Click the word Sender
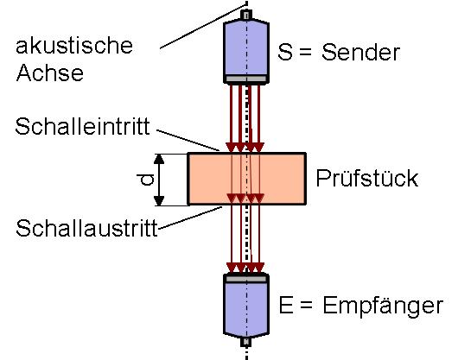pos(360,53)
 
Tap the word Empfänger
pos(383,306)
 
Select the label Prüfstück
pos(367,178)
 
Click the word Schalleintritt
pos(83,127)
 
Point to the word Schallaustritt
pos(86,228)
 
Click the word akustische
pos(74,46)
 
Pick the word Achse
pos(50,73)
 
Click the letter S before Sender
pos(285,53)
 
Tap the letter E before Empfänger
pos(286,305)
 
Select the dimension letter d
pos(145,179)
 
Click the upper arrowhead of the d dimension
pos(159,158)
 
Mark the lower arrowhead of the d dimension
pos(159,200)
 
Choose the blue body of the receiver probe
pos(246,309)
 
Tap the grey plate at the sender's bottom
pos(246,79)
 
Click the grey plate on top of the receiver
pos(246,279)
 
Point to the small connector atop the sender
pos(246,15)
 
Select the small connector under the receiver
pos(246,342)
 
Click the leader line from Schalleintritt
pos(188,140)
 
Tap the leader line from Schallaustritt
pos(190,218)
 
